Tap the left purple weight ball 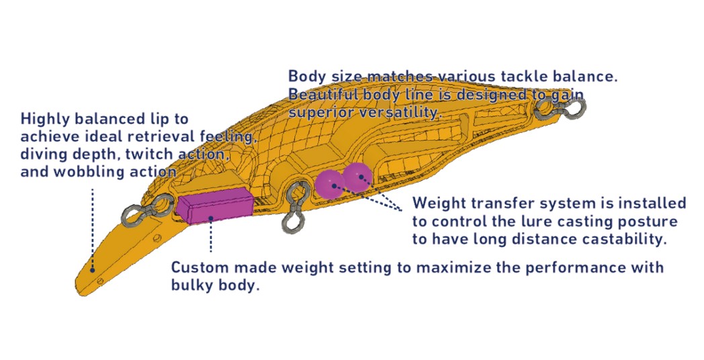click(330, 183)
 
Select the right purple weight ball click(357, 176)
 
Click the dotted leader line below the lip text click(93, 222)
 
